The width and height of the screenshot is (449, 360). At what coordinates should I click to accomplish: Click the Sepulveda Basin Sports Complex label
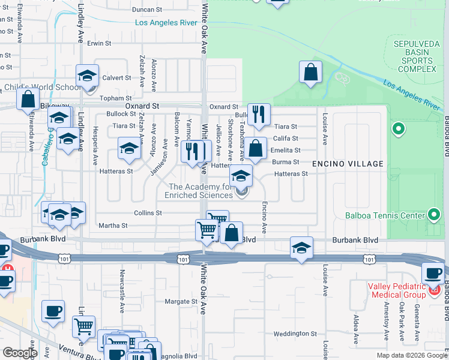(415, 56)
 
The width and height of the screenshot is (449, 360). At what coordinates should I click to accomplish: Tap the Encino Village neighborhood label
(347, 163)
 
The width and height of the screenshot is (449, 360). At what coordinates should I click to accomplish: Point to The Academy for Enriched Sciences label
(200, 191)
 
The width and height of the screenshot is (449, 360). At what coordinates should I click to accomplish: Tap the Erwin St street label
(99, 43)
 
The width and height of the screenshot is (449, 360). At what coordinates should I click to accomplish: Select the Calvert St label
(116, 77)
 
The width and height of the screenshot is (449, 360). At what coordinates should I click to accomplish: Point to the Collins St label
(148, 212)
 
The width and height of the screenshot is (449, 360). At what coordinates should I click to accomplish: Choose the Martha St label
(113, 226)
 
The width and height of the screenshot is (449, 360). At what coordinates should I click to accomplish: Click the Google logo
(20, 353)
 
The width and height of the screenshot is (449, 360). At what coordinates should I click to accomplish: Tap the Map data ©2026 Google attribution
(412, 355)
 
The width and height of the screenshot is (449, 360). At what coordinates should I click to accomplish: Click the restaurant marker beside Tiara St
(259, 115)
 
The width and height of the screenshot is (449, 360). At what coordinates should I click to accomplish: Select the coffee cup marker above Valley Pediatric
(433, 273)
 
